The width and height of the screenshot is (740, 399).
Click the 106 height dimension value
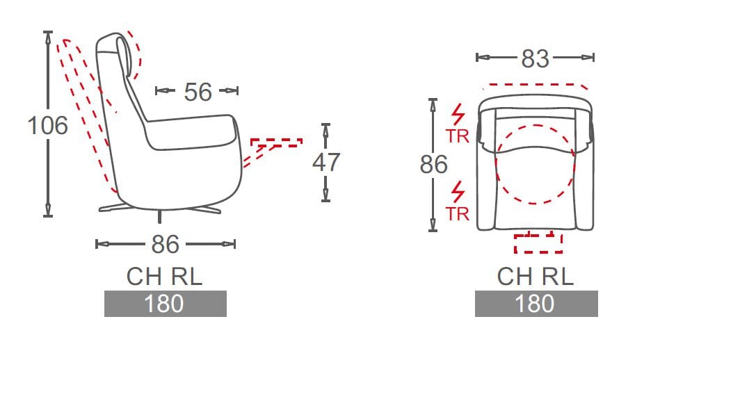pyautogui.click(x=48, y=125)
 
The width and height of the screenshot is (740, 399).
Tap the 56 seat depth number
pyautogui.click(x=198, y=92)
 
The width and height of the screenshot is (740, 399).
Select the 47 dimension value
pyautogui.click(x=326, y=162)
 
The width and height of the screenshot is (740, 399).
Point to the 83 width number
pyautogui.click(x=536, y=59)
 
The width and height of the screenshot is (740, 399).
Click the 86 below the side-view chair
pyautogui.click(x=166, y=244)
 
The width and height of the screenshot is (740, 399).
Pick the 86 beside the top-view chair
pyautogui.click(x=433, y=165)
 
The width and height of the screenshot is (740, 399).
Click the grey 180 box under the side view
pyautogui.click(x=166, y=304)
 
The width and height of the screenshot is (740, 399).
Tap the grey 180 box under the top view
pyautogui.click(x=536, y=304)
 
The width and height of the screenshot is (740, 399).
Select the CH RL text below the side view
pyautogui.click(x=164, y=277)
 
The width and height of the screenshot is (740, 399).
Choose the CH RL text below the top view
pyautogui.click(x=536, y=277)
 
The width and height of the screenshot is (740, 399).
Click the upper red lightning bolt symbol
pyautogui.click(x=458, y=115)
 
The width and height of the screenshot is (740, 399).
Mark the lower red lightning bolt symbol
pyautogui.click(x=458, y=193)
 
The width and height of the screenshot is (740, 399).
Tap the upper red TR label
pyautogui.click(x=458, y=136)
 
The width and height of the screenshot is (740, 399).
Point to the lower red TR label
pyautogui.click(x=458, y=214)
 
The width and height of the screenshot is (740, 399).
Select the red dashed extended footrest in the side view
pyautogui.click(x=276, y=142)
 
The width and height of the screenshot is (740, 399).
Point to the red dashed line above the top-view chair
pyautogui.click(x=536, y=85)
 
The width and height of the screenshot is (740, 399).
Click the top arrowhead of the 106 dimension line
pyautogui.click(x=48, y=38)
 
